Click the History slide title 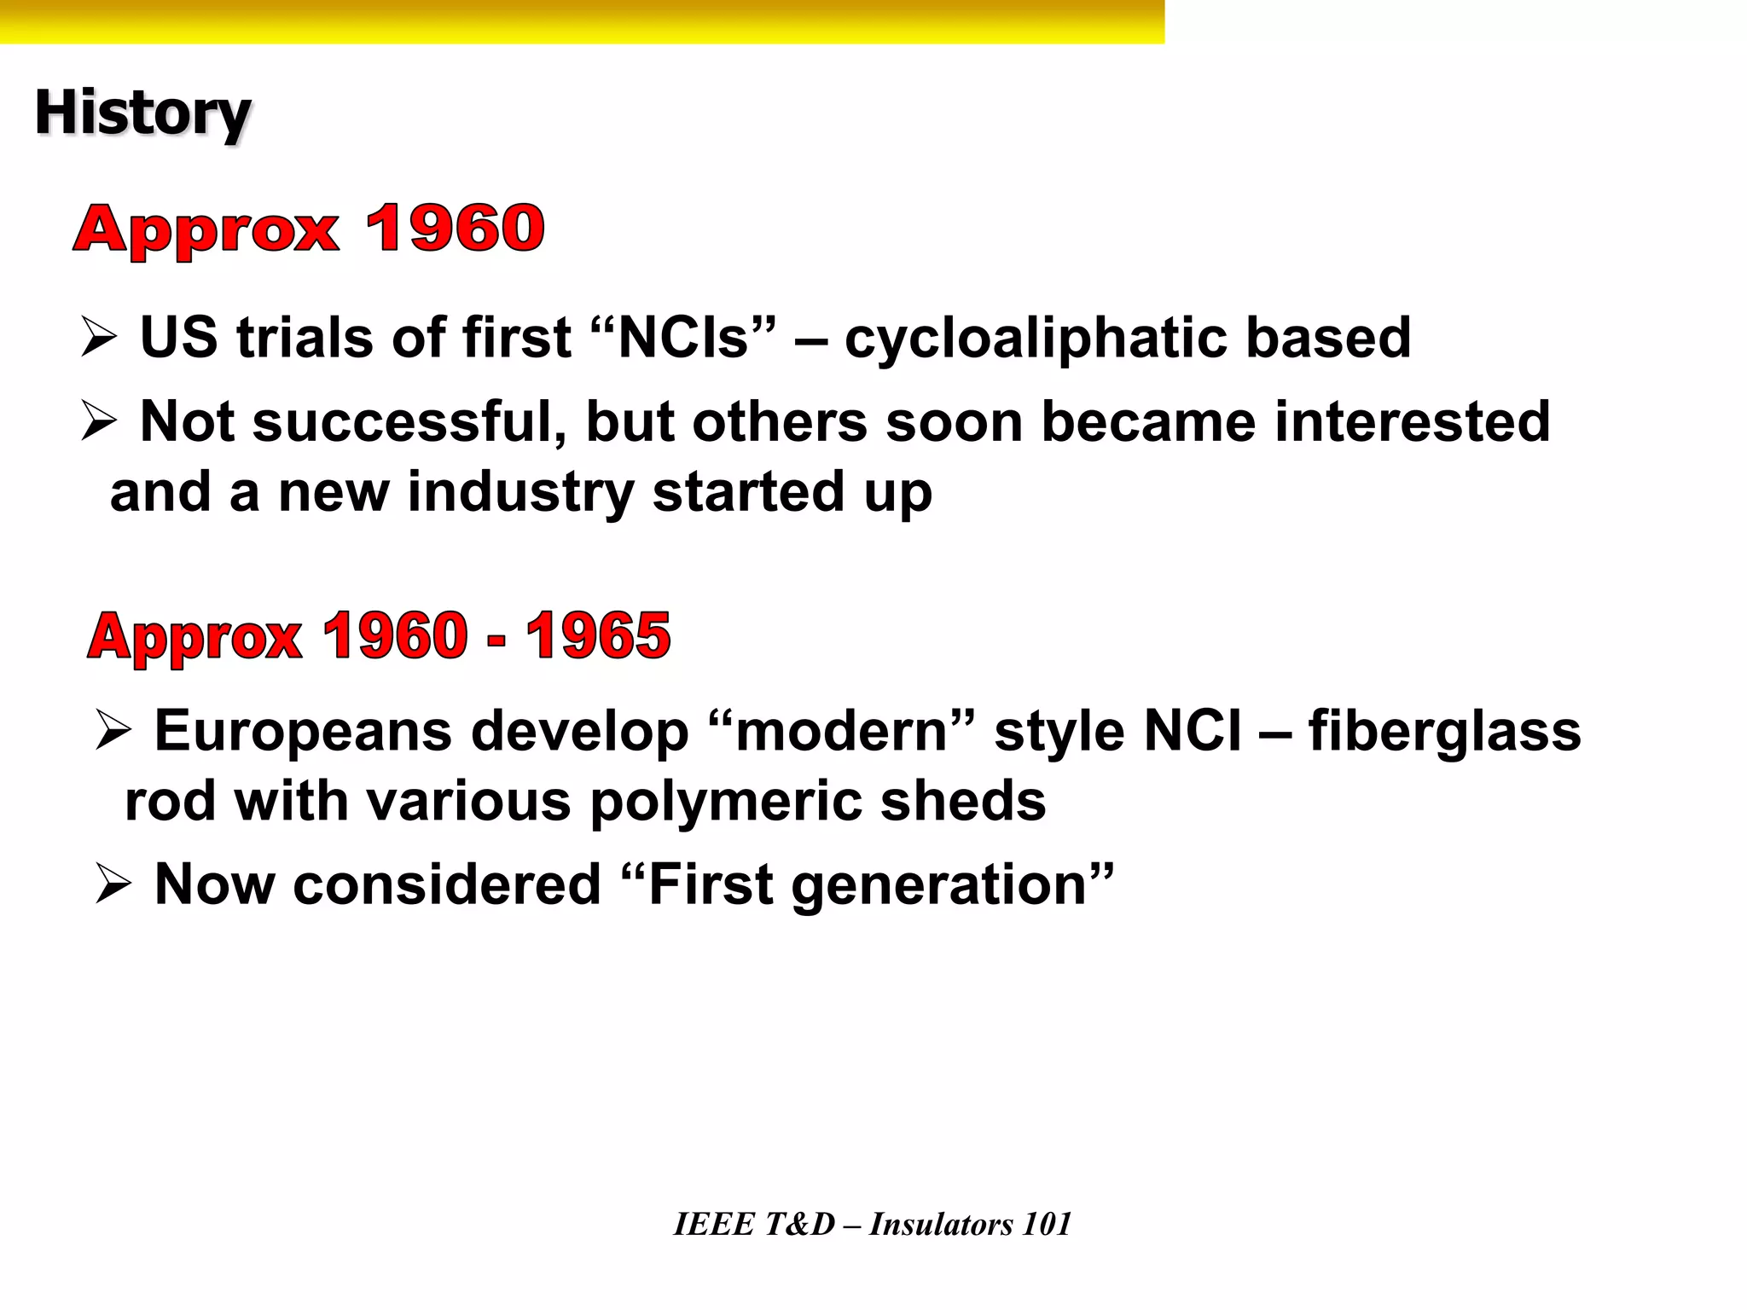coord(142,113)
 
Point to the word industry coord(520,492)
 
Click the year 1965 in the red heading coord(598,636)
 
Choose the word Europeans coord(303,732)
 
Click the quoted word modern coord(840,732)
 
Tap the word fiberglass coord(1444,732)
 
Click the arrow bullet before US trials coord(99,338)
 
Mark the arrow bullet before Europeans coord(113,731)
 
